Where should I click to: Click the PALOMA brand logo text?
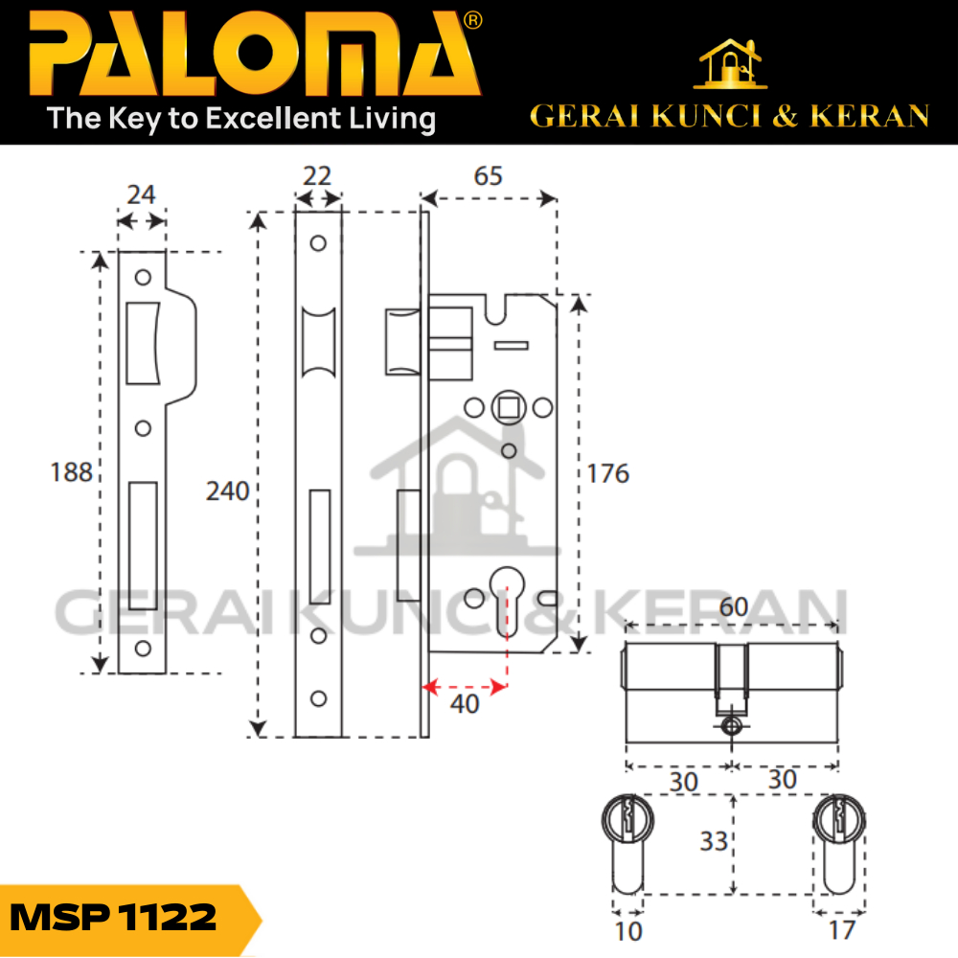click(x=254, y=56)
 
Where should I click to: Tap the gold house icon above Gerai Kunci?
click(x=731, y=64)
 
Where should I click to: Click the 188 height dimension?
click(x=73, y=472)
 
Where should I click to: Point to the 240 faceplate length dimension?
click(x=227, y=491)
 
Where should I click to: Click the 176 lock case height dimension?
click(x=609, y=472)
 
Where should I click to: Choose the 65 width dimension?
click(x=488, y=176)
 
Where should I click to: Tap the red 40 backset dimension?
click(x=465, y=703)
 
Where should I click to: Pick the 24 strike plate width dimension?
click(x=141, y=194)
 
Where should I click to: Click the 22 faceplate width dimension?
click(x=317, y=176)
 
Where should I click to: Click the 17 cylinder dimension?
click(x=842, y=928)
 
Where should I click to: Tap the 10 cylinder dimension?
click(x=628, y=928)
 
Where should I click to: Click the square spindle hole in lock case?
click(x=508, y=408)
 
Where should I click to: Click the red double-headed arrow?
click(x=465, y=686)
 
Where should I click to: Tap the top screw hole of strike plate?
click(x=144, y=278)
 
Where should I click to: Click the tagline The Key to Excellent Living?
click(x=241, y=119)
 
